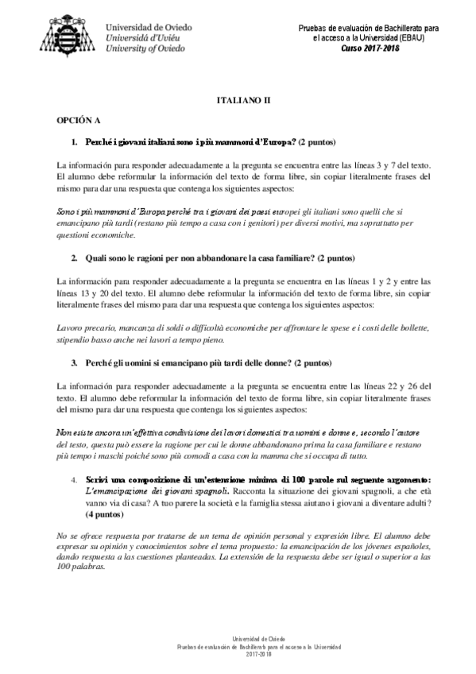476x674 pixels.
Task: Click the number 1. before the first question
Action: click(74, 142)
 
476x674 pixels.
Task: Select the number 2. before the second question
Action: click(74, 259)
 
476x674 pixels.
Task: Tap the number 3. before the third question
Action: click(74, 364)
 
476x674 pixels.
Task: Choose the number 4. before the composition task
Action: click(74, 480)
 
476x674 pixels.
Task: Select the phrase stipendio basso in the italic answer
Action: click(85, 339)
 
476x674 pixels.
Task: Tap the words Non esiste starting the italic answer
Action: click(72, 433)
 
